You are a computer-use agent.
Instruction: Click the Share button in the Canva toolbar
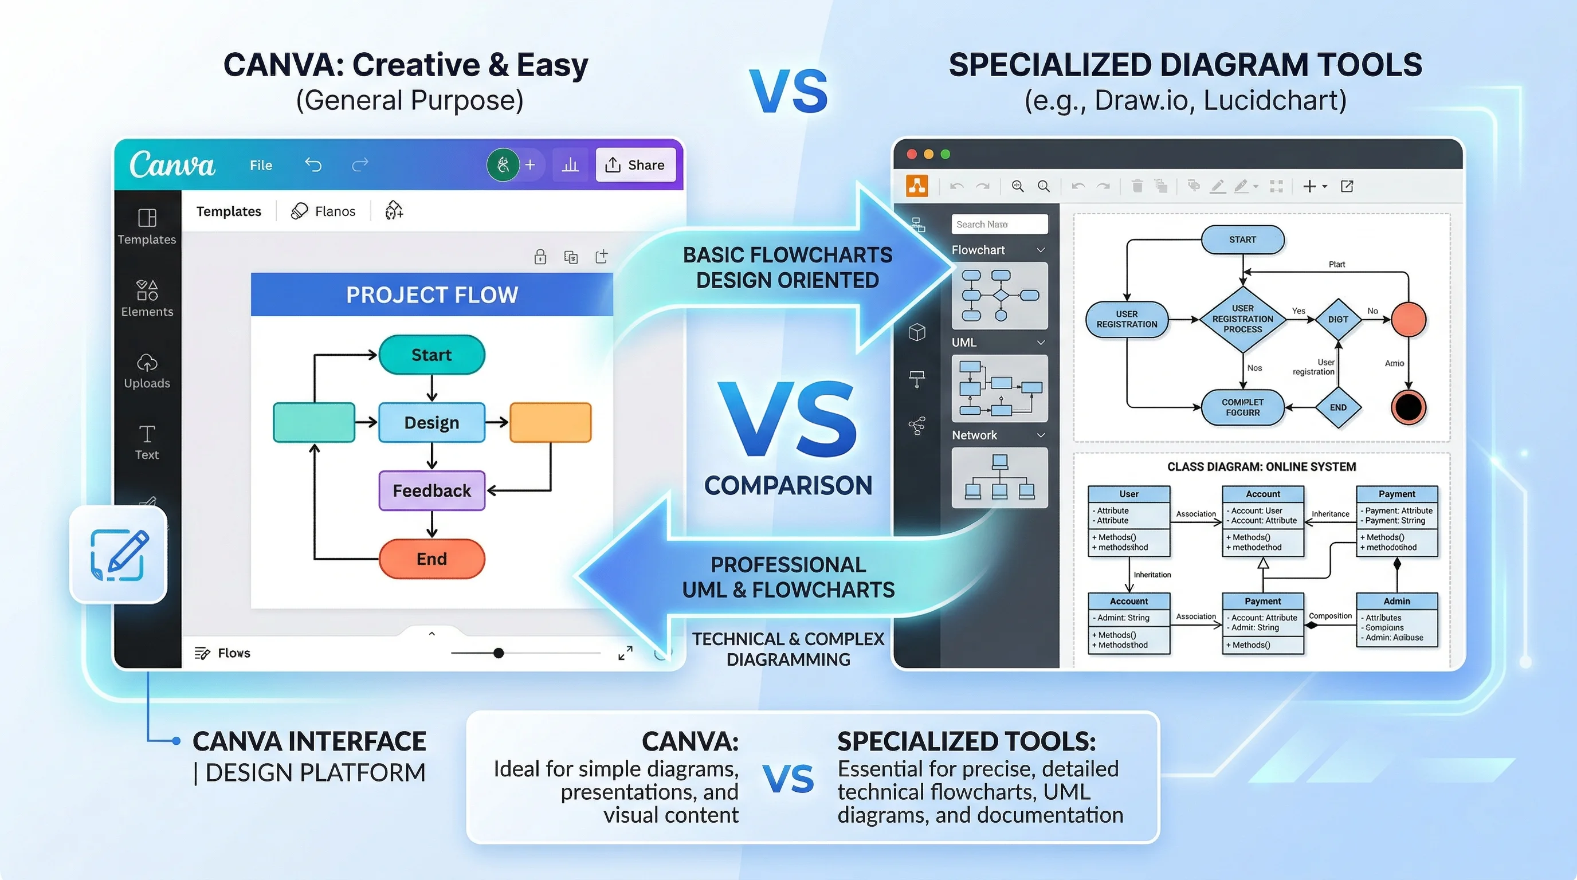tap(635, 164)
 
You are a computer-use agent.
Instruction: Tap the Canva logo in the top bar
tap(172, 164)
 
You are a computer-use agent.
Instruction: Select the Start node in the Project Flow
tap(431, 355)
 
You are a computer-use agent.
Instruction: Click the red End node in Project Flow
tap(431, 559)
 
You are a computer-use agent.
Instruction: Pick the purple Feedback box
tap(431, 491)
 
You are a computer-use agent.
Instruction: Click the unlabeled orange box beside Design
tap(550, 422)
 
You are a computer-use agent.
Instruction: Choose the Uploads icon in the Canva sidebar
tap(147, 363)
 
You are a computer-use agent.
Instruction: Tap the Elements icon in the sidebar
tap(147, 290)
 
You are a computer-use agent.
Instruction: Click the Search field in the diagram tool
tap(999, 225)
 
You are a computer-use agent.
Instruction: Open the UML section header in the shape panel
tap(998, 343)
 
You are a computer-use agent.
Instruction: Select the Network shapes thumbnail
tap(999, 478)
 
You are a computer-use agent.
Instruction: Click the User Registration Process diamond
tap(1242, 319)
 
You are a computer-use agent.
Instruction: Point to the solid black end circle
tap(1408, 407)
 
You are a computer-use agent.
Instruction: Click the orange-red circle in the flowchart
tap(1408, 319)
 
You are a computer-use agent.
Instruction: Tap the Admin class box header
tap(1396, 601)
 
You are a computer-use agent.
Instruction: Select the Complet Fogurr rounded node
tap(1242, 407)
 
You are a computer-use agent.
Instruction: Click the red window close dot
tap(912, 154)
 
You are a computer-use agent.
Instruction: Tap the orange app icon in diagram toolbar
tap(916, 186)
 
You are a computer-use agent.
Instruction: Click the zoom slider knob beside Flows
tap(499, 653)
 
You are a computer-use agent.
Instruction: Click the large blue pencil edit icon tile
tap(119, 555)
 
